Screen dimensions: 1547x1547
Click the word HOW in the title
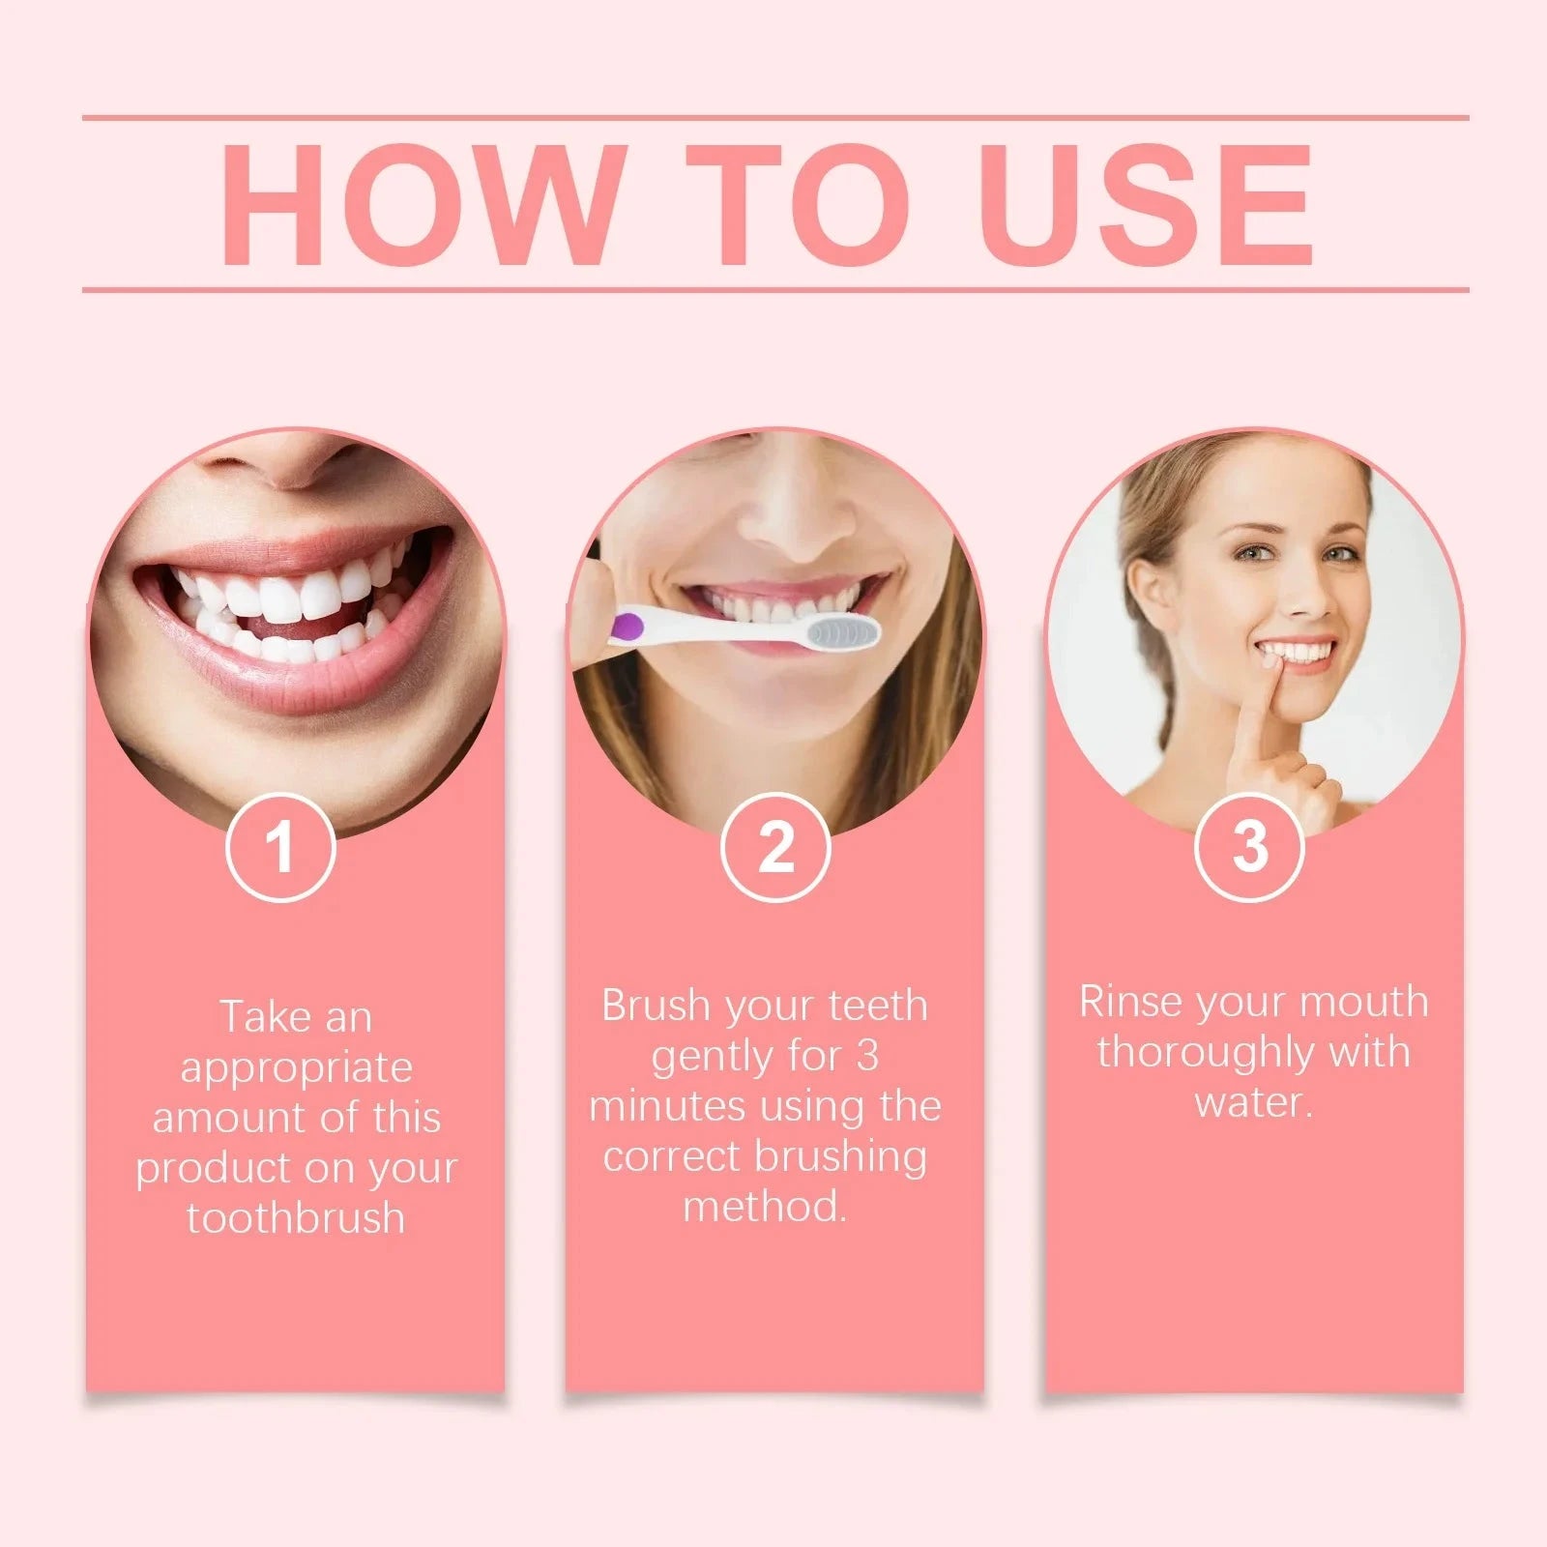click(x=420, y=205)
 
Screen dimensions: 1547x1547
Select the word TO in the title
click(x=799, y=205)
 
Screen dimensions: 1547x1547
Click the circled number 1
click(x=280, y=848)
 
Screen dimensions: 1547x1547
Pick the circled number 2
click(x=775, y=848)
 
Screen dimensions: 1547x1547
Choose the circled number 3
click(x=1249, y=846)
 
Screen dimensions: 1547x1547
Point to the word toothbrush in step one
click(x=296, y=1218)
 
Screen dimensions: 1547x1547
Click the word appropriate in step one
click(x=296, y=1068)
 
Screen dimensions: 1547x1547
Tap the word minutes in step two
click(x=667, y=1105)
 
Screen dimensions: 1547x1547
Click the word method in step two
click(x=763, y=1207)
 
